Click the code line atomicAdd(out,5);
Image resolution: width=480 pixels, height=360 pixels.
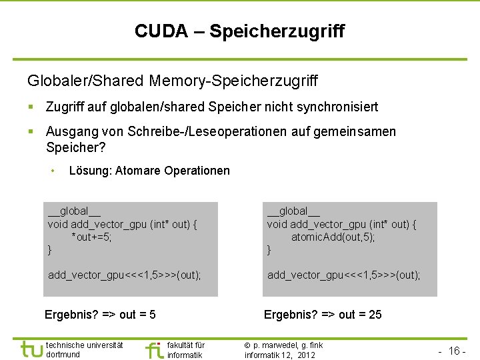pos(333,237)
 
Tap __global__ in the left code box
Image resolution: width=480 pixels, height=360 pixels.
pos(74,212)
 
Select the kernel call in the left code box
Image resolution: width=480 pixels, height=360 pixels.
pos(125,275)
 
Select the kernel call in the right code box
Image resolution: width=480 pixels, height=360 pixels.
pos(344,275)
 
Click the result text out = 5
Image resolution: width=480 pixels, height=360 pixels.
pos(137,315)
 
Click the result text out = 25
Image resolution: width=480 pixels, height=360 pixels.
pos(360,315)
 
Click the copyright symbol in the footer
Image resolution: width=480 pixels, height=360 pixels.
pos(247,345)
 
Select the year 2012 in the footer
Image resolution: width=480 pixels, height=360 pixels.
pos(307,355)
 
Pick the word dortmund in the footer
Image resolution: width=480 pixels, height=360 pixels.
pos(63,355)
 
